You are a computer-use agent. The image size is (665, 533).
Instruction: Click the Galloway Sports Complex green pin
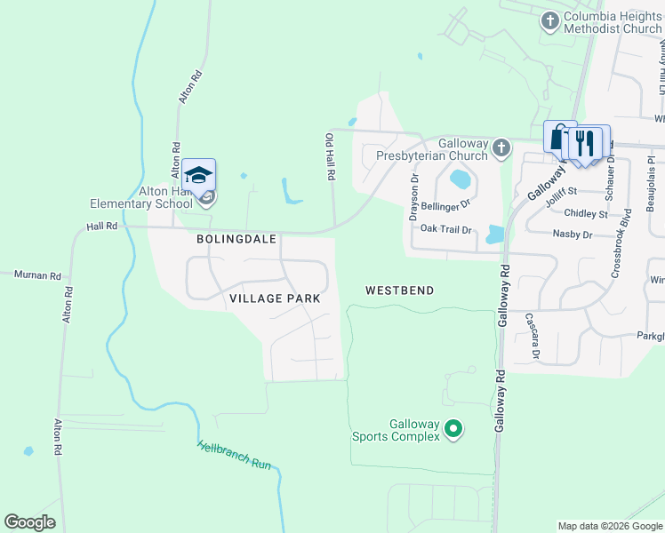click(x=453, y=431)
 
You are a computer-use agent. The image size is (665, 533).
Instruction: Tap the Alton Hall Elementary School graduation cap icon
click(x=199, y=173)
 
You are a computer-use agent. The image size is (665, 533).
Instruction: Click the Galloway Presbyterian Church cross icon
click(x=501, y=147)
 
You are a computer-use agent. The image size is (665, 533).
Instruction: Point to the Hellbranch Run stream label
click(x=234, y=455)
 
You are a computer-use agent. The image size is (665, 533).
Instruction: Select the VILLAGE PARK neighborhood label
click(x=274, y=299)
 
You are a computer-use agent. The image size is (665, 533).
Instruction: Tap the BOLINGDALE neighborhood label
click(x=236, y=240)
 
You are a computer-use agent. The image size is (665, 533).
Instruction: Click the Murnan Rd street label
click(x=36, y=275)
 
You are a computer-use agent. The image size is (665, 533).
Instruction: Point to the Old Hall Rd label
click(x=330, y=158)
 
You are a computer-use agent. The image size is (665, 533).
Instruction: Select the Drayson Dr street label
click(x=413, y=197)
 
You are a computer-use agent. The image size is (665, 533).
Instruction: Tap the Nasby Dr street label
click(x=572, y=235)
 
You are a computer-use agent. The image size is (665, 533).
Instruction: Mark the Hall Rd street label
click(x=101, y=227)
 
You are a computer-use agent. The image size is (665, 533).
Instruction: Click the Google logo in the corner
click(x=29, y=522)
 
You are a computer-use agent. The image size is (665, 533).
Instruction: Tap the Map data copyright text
click(x=609, y=526)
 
